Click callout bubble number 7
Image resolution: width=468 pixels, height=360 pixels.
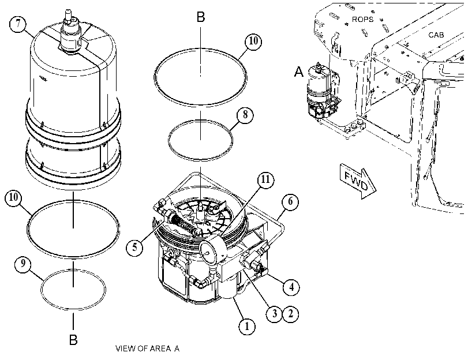[x=18, y=24]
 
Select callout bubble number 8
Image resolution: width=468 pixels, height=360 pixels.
[x=245, y=115]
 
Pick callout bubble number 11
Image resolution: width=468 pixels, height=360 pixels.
[x=265, y=179]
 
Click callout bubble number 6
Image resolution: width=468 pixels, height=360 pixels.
[x=290, y=202]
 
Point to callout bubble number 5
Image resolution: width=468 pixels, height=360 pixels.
[x=134, y=247]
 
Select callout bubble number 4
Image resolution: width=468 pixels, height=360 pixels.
[x=291, y=287]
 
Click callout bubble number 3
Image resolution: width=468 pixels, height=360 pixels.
[x=274, y=314]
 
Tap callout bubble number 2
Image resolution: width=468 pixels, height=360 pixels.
[x=290, y=314]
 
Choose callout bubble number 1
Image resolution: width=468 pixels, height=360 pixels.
[x=247, y=327]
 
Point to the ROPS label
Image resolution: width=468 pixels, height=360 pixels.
[x=362, y=20]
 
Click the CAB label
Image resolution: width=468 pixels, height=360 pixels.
[x=436, y=35]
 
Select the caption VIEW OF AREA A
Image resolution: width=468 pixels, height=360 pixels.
[x=148, y=348]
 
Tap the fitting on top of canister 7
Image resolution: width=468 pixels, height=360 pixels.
[x=70, y=32]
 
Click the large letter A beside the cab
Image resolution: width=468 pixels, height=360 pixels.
[x=299, y=72]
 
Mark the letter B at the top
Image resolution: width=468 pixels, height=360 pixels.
[x=201, y=17]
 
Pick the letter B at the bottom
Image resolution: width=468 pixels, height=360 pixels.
[x=73, y=340]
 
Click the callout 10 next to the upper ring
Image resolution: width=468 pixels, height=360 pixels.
[x=253, y=41]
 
